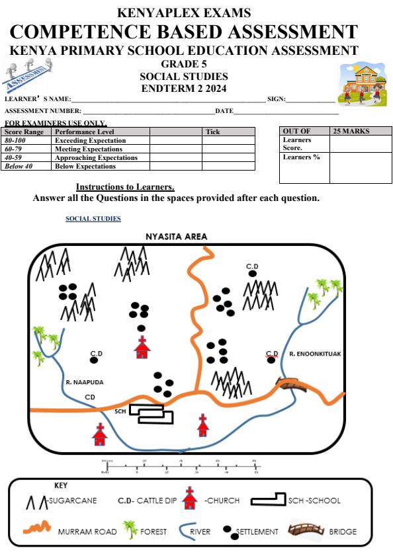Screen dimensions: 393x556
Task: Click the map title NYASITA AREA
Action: click(176, 237)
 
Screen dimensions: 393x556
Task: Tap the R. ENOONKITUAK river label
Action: click(315, 354)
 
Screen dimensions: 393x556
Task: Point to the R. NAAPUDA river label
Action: click(84, 382)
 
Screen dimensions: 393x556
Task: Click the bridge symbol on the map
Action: click(289, 384)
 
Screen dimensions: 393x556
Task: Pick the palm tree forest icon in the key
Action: click(129, 530)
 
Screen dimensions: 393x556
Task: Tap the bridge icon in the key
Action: click(306, 530)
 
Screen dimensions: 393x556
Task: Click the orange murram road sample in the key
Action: click(36, 529)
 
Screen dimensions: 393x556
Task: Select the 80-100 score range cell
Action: click(18, 141)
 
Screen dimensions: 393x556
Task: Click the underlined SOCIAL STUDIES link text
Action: click(93, 218)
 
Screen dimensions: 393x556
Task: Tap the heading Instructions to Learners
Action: click(125, 187)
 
